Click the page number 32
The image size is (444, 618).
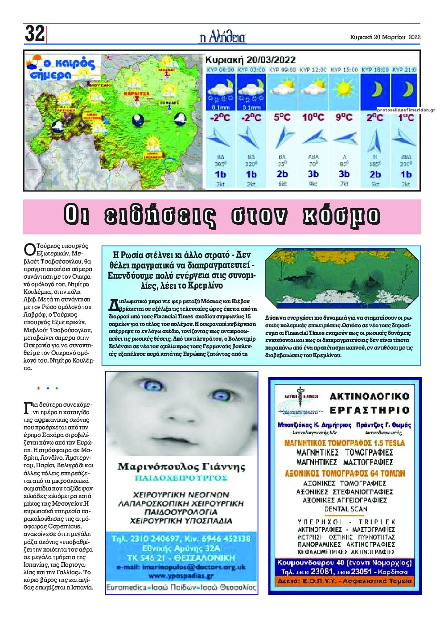pyautogui.click(x=34, y=34)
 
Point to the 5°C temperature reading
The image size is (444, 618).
pyautogui.click(x=282, y=117)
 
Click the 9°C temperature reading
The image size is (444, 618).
pyautogui.click(x=344, y=117)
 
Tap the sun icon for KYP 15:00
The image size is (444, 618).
pyautogui.click(x=344, y=89)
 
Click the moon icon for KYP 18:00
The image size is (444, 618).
pyautogui.click(x=375, y=89)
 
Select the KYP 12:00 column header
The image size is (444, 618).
pyautogui.click(x=313, y=70)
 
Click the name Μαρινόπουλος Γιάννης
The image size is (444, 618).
pyautogui.click(x=181, y=467)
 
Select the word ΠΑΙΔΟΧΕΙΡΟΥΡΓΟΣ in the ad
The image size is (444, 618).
pyautogui.click(x=181, y=478)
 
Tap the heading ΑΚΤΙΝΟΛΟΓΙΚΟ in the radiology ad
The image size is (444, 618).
pyautogui.click(x=369, y=396)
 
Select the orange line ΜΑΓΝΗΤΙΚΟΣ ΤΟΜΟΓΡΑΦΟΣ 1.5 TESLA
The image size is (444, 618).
pyautogui.click(x=344, y=443)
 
